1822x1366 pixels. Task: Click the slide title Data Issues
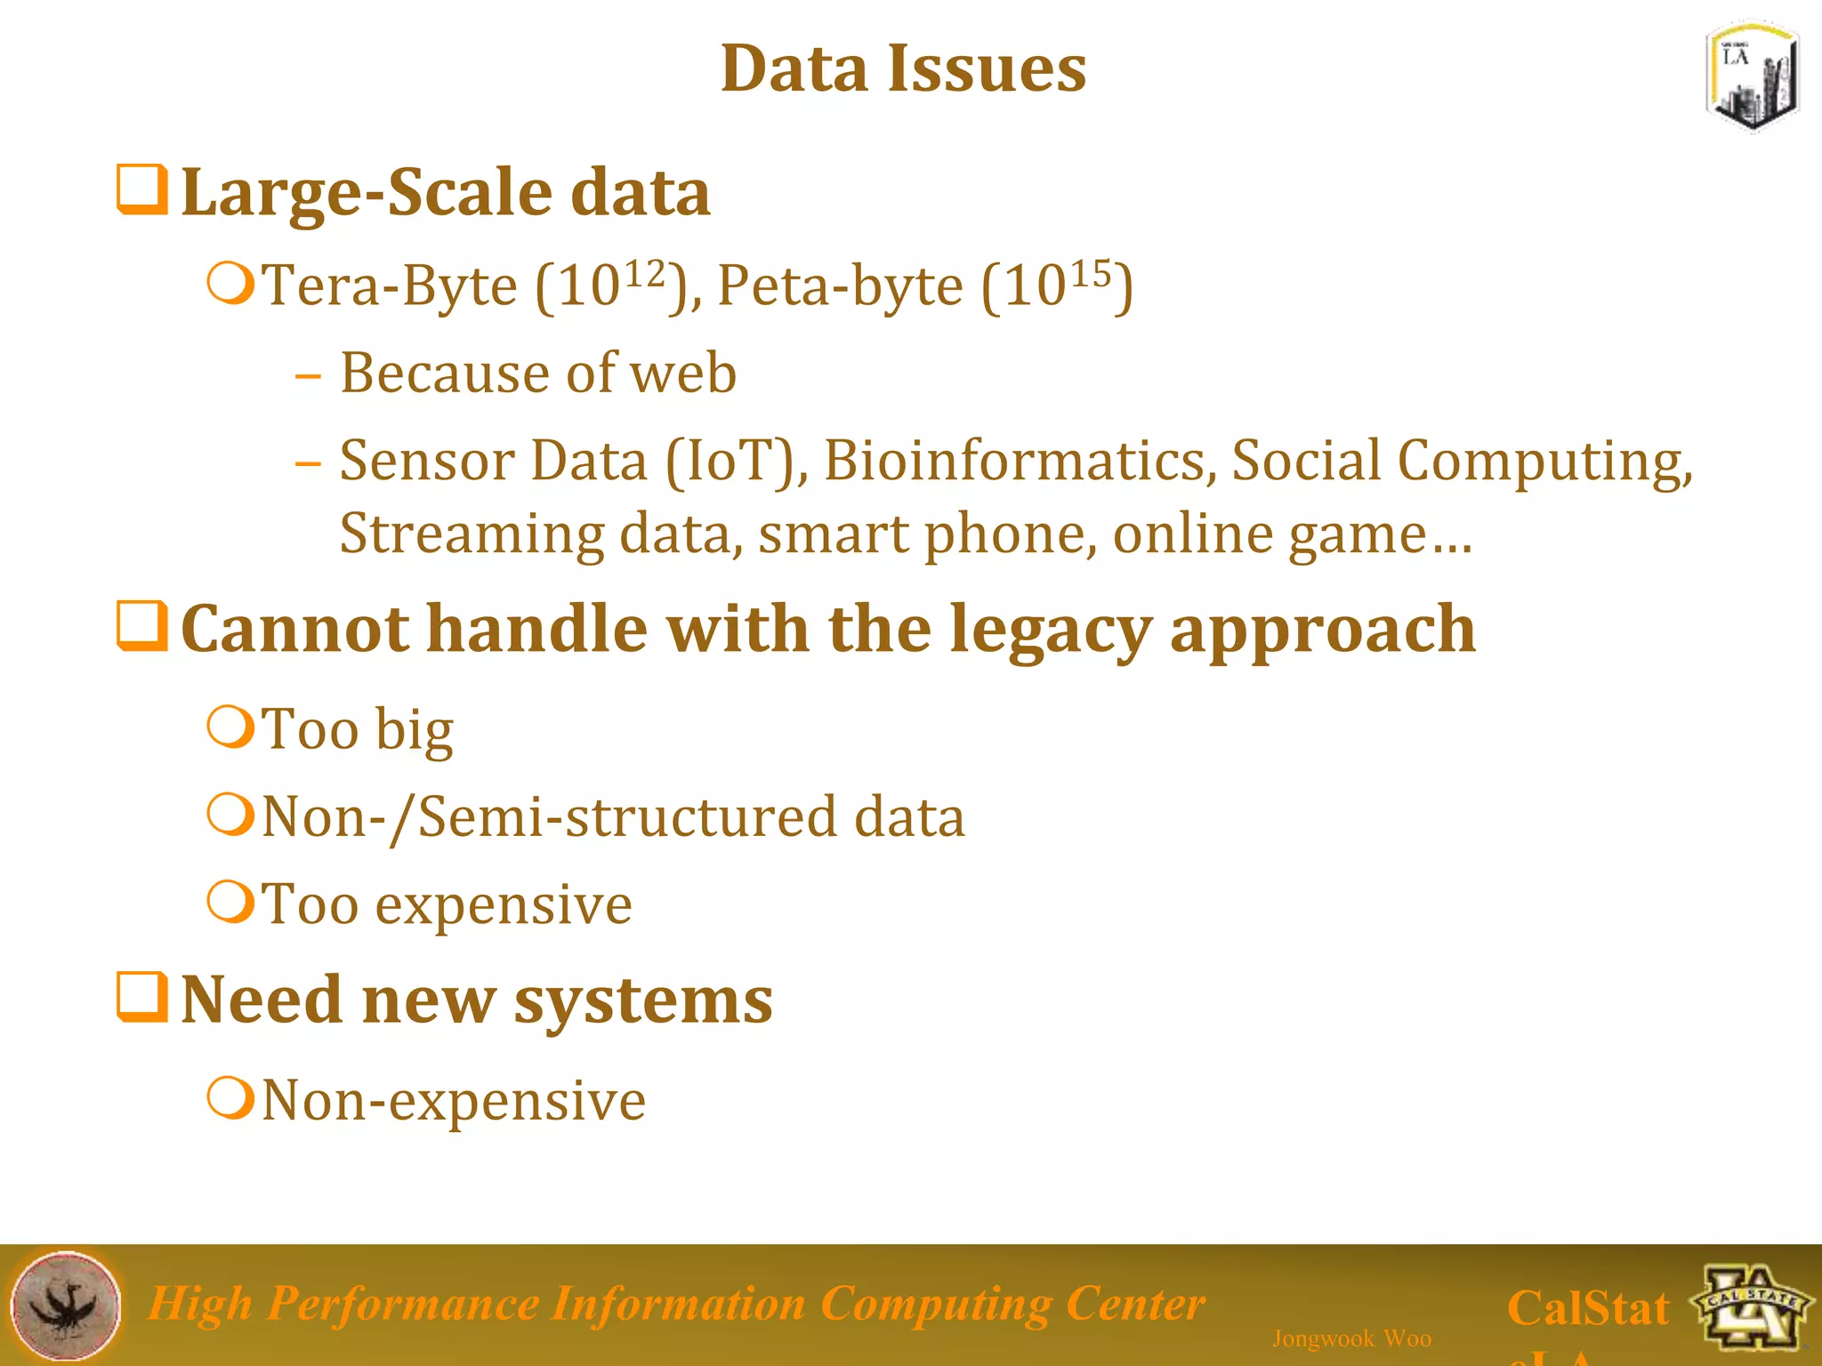903,68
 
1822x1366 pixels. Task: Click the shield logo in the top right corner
1752,77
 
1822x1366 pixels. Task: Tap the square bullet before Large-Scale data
142,189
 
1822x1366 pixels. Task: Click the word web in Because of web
683,373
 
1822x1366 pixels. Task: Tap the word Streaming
472,534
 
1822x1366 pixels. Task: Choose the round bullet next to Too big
231,727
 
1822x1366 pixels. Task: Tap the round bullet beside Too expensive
231,902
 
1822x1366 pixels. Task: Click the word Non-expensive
454,1101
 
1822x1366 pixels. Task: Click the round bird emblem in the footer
66,1305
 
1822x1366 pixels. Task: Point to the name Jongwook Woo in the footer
1351,1338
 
